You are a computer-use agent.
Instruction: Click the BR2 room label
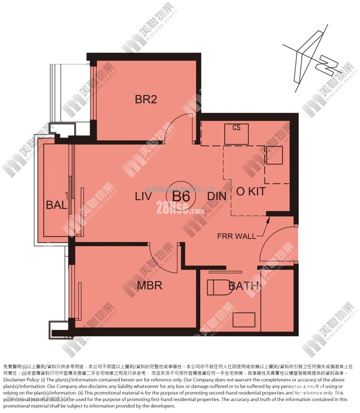click(x=146, y=100)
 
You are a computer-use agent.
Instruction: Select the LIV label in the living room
click(x=144, y=196)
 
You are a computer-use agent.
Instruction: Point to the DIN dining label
click(x=217, y=196)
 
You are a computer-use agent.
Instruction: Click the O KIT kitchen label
click(x=250, y=192)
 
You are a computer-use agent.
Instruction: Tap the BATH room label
click(x=244, y=285)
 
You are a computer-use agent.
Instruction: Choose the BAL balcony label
click(x=56, y=205)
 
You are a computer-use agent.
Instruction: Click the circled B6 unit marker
click(x=181, y=196)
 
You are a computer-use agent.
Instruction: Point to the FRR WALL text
click(x=237, y=236)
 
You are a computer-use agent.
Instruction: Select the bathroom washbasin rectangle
click(x=244, y=319)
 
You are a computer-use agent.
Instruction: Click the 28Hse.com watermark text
click(x=180, y=210)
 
